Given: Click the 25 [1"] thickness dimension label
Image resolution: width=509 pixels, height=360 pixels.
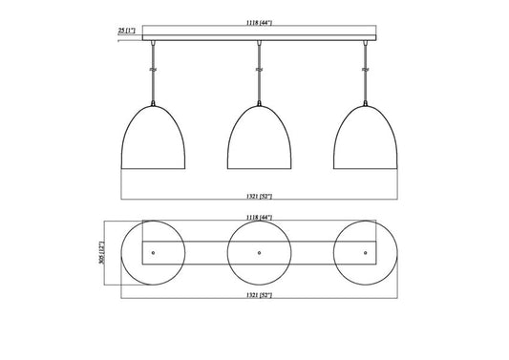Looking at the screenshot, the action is (x=127, y=31).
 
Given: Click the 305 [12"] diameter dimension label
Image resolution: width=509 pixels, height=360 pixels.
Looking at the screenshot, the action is (x=101, y=252).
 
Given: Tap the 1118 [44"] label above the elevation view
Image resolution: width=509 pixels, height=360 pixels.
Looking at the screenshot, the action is (x=259, y=23).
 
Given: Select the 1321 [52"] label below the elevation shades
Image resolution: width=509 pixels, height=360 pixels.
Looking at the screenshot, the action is (x=259, y=196).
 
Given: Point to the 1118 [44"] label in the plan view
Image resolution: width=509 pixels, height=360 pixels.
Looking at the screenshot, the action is (x=259, y=217).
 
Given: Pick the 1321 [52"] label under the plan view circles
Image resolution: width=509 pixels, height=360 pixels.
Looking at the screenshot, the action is (x=259, y=295).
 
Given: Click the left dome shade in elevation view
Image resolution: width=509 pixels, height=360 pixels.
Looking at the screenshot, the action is (x=153, y=138).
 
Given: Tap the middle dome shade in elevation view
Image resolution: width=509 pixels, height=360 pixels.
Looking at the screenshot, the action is (x=259, y=138).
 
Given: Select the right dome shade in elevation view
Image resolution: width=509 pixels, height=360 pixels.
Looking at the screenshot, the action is (x=366, y=138).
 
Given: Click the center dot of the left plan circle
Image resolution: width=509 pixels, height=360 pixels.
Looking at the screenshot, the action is (x=153, y=252).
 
